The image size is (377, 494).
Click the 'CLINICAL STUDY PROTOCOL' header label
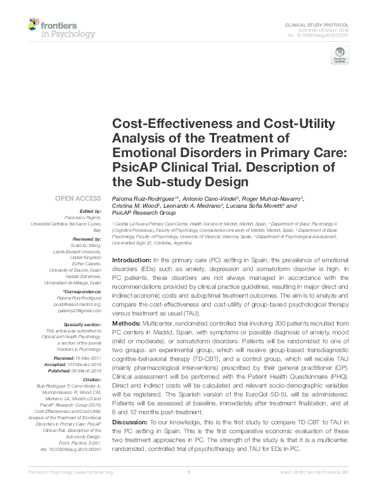(x=320, y=23)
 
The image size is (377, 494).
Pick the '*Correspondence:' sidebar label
(x=83, y=292)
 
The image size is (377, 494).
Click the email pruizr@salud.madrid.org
(x=81, y=304)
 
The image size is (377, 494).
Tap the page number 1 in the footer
(x=189, y=490)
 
